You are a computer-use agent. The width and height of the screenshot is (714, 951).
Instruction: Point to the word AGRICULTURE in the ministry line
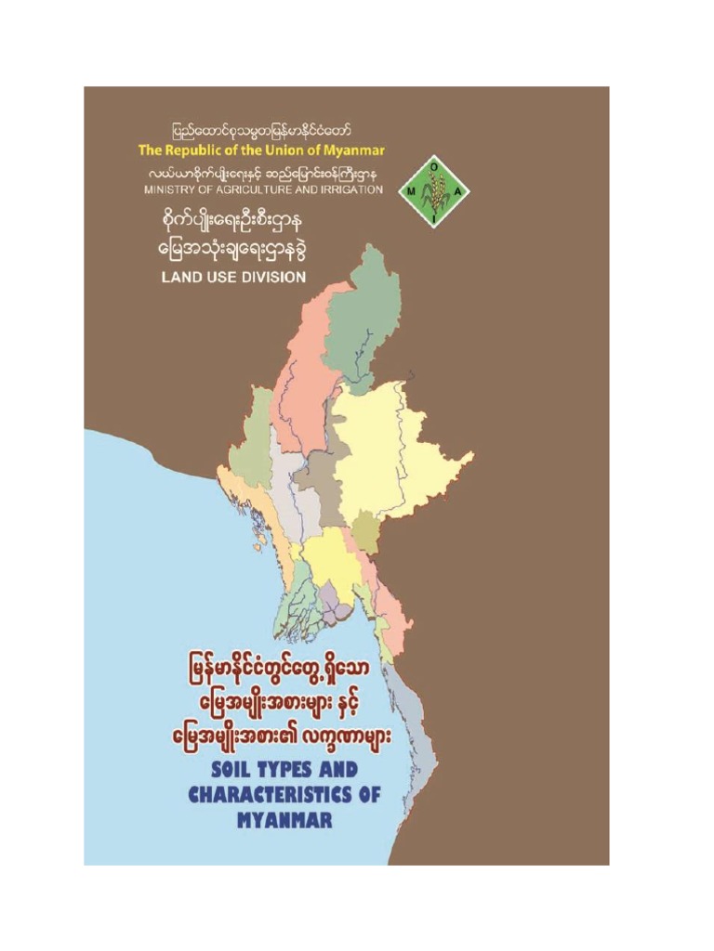pyautogui.click(x=248, y=189)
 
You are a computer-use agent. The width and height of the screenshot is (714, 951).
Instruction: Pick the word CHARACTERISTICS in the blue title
pyautogui.click(x=284, y=796)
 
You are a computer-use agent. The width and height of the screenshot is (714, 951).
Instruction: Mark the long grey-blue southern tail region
pyautogui.click(x=418, y=734)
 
